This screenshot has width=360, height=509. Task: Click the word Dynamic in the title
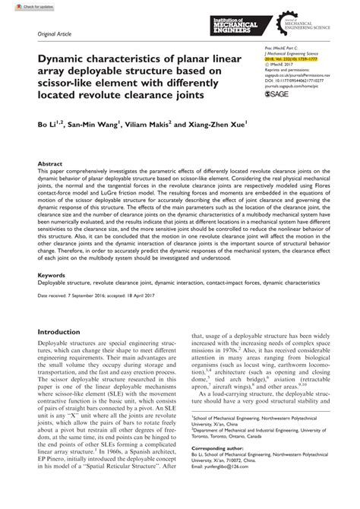(64, 62)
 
